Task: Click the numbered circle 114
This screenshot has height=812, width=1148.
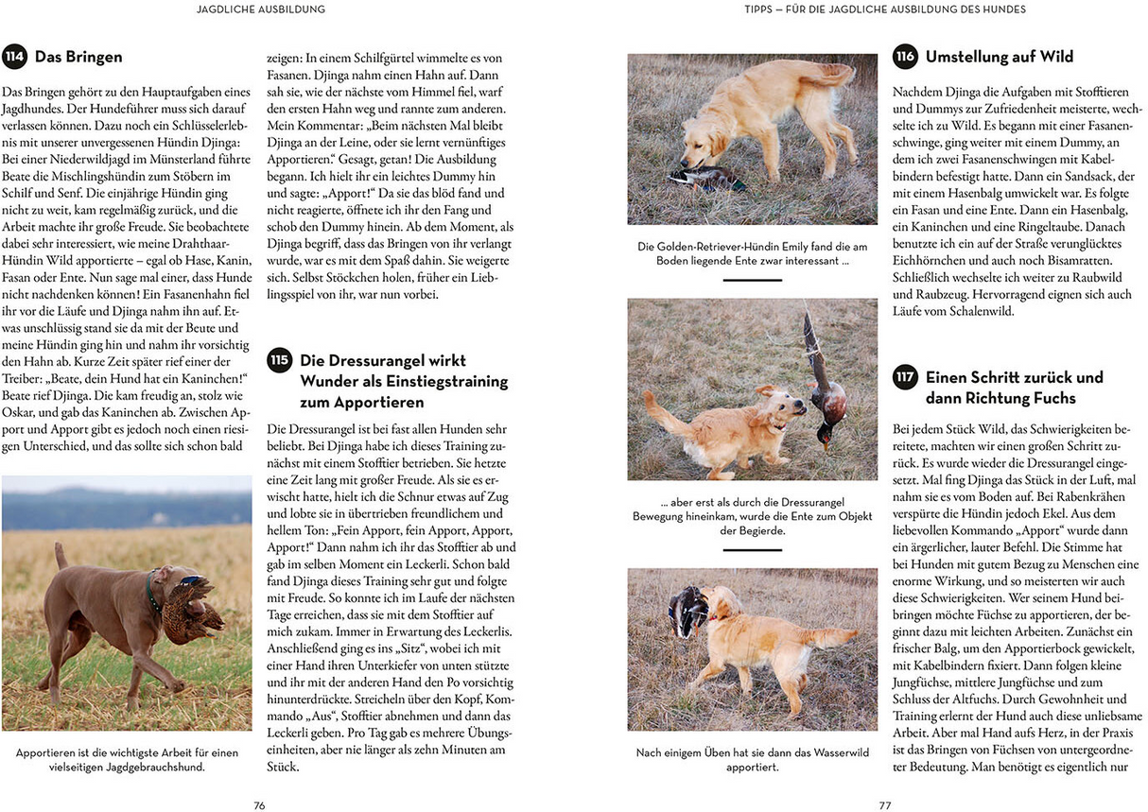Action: pos(14,57)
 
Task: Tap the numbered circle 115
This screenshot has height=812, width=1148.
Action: pos(279,360)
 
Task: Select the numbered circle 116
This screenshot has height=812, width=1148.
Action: pos(905,57)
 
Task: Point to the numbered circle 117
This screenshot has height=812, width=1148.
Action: pos(905,376)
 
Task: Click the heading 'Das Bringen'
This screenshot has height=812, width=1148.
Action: pos(78,57)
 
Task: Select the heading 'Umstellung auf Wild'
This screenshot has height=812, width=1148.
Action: pos(999,57)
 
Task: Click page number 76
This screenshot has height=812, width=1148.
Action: pos(259,805)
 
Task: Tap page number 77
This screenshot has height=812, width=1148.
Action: pos(885,805)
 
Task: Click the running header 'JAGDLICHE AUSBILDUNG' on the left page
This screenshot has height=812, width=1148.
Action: pos(260,9)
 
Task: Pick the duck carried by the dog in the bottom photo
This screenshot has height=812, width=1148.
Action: pos(688,610)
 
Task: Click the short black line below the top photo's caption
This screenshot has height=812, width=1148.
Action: pos(752,280)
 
